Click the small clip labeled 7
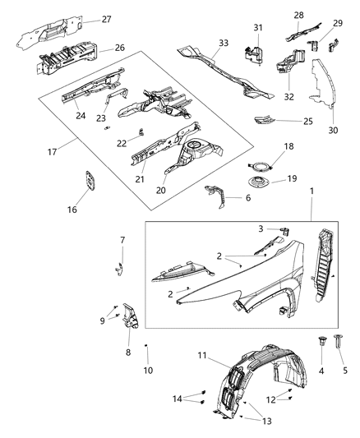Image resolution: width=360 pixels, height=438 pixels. click(121, 267)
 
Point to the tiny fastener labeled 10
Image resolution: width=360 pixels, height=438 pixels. click(145, 346)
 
